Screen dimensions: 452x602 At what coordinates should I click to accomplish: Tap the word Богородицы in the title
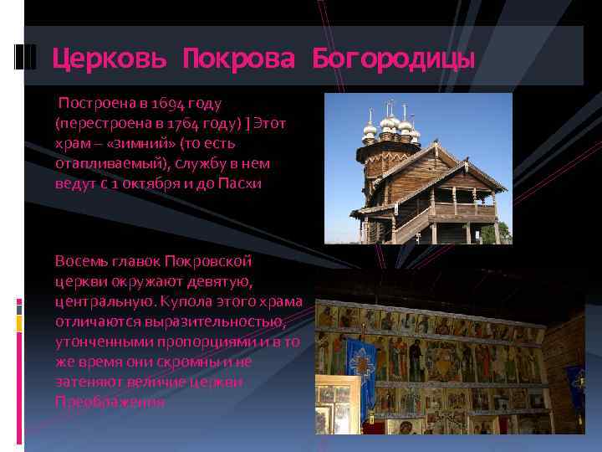[393, 59]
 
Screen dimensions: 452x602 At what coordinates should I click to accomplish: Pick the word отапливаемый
[110, 163]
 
